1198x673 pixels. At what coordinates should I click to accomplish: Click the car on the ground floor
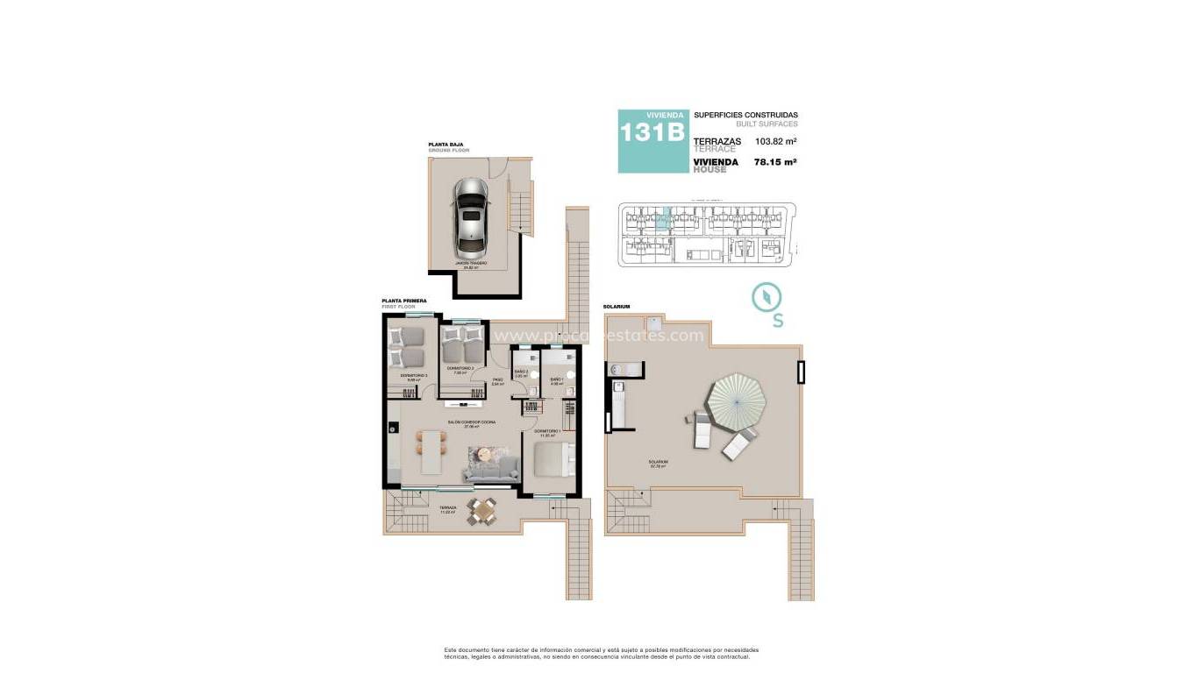pos(471,216)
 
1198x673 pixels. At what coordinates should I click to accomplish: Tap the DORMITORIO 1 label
pos(546,431)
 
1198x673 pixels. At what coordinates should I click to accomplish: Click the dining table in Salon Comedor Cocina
pos(431,452)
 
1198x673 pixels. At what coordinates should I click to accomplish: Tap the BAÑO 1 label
pos(557,379)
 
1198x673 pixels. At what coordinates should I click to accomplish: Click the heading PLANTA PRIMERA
pos(404,301)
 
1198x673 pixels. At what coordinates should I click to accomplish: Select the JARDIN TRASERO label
pos(471,262)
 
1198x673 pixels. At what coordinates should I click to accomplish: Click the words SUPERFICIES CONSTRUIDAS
pos(745,115)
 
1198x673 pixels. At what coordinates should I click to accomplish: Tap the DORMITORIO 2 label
pos(460,368)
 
